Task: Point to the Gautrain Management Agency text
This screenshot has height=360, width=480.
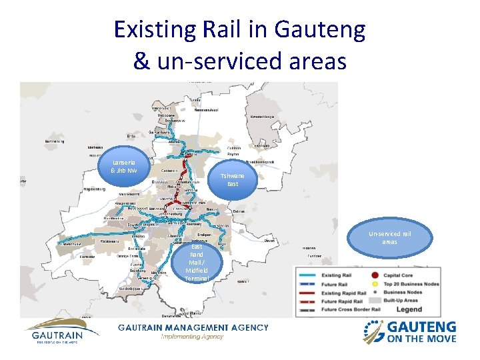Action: pos(193,327)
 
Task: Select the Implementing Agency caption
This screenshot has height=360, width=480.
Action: pos(193,337)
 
